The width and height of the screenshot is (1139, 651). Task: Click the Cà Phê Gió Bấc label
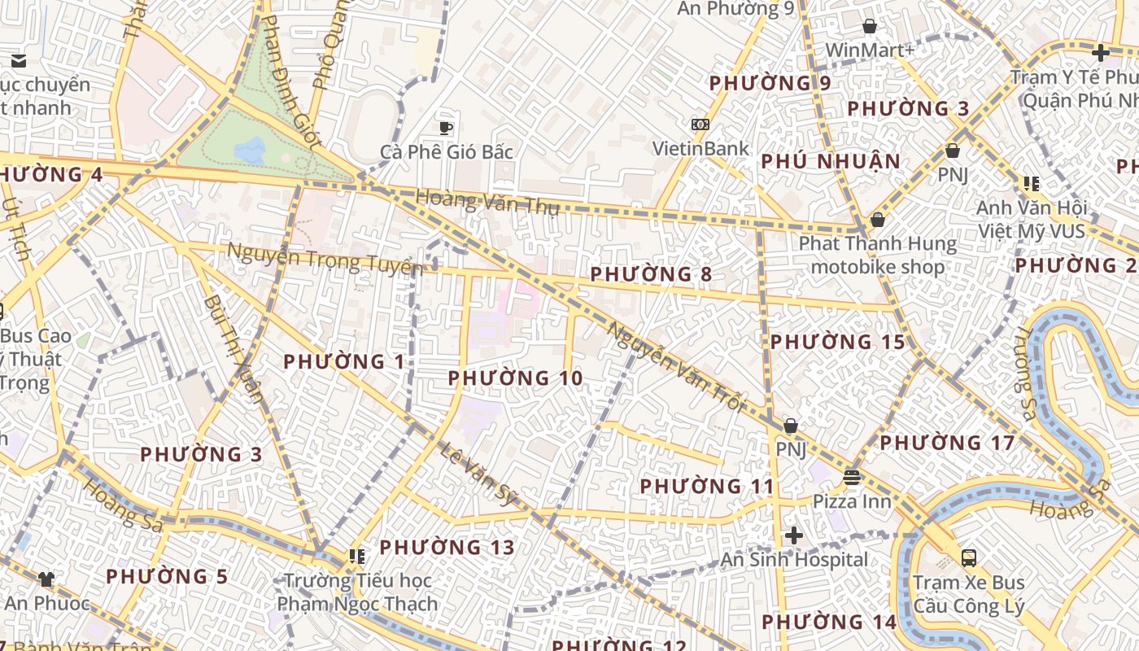(x=446, y=152)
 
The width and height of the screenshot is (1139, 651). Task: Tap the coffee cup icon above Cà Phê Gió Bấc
(x=446, y=127)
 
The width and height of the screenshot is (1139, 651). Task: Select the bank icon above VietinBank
(x=700, y=125)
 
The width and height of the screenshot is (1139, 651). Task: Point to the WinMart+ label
(x=870, y=50)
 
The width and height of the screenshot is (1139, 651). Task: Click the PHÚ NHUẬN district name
(x=831, y=161)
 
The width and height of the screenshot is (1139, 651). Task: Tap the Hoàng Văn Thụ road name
(x=487, y=201)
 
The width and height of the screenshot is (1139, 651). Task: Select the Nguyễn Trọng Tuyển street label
(x=325, y=258)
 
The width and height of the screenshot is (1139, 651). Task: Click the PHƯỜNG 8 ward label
(x=651, y=274)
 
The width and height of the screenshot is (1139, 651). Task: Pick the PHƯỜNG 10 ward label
(x=515, y=378)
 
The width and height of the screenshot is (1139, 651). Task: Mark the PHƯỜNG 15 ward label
(x=837, y=343)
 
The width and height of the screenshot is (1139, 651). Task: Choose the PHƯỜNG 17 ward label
(x=947, y=443)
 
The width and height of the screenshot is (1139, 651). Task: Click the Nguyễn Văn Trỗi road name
(x=676, y=367)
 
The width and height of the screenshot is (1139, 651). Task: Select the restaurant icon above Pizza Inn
(x=852, y=477)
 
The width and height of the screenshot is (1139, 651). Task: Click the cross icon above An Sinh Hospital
(x=793, y=535)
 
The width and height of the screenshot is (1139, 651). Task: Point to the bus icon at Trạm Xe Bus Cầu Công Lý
(x=968, y=558)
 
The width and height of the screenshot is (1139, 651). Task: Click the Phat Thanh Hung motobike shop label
(x=877, y=255)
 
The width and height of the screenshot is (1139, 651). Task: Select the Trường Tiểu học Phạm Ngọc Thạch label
(x=357, y=592)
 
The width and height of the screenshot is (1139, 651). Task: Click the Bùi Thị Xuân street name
(x=234, y=348)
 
